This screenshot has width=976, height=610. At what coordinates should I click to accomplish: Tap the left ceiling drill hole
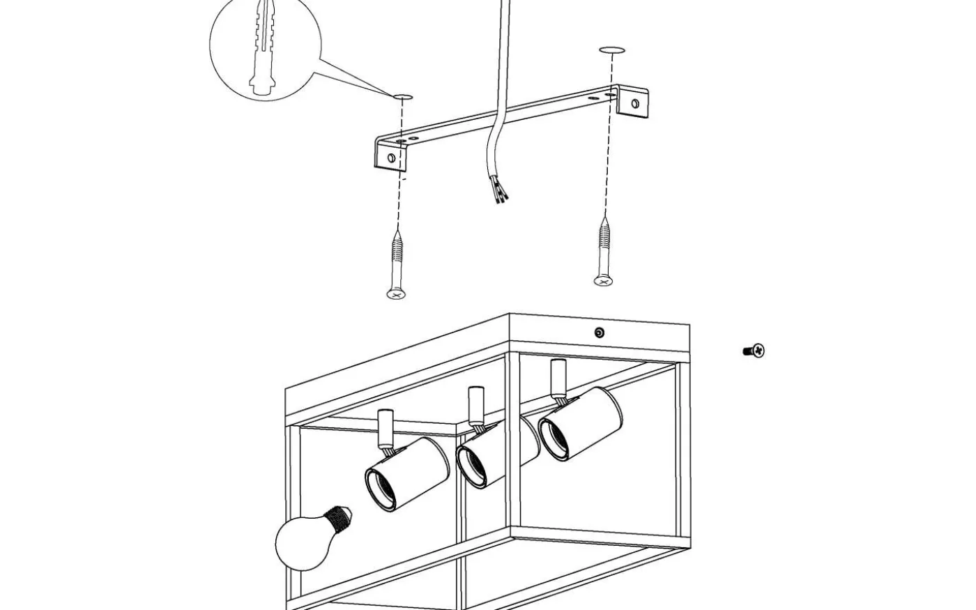(403, 96)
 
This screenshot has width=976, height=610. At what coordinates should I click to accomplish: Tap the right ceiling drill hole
(612, 50)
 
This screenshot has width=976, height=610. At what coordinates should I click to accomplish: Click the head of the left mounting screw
(396, 294)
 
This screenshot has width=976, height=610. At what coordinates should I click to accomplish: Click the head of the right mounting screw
(604, 281)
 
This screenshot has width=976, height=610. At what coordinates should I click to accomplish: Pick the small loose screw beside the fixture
(754, 351)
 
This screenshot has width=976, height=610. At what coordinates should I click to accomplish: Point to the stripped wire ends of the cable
(498, 191)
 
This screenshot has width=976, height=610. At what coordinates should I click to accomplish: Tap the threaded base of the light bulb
(340, 518)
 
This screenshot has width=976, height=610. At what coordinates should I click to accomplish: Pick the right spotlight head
(581, 422)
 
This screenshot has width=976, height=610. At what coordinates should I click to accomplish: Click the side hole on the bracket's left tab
(391, 158)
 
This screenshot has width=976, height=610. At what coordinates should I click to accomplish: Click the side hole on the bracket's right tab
(635, 105)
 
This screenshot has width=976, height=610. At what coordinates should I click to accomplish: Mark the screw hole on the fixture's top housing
(600, 333)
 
